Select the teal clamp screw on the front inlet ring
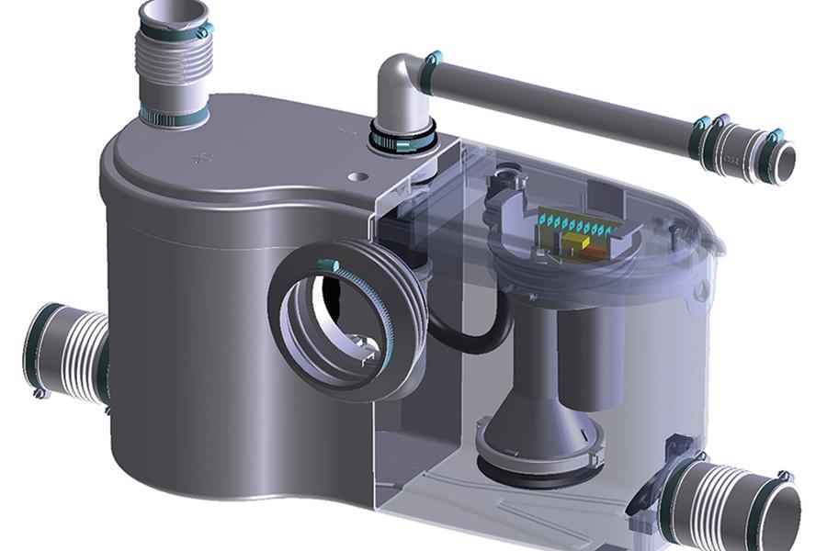pyautogui.click(x=323, y=265)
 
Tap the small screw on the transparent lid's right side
pyautogui.click(x=675, y=225)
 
